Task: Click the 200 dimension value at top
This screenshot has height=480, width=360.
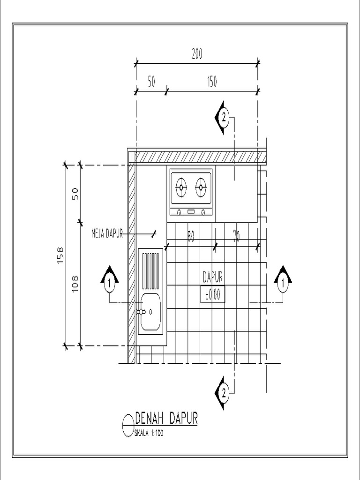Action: coord(197,54)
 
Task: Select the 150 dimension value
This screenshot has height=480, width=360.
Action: coord(212,82)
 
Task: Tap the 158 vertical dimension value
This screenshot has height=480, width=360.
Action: coord(60,255)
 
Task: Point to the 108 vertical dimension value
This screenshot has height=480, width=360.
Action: coord(75,283)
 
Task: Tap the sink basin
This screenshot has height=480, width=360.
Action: coord(151,311)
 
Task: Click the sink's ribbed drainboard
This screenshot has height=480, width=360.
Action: coord(151,270)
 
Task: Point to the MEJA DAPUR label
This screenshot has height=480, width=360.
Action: coord(107,233)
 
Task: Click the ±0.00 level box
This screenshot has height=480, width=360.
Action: coord(212,294)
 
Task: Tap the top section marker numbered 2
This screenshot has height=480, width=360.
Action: coord(223,118)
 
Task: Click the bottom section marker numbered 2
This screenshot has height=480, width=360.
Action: coord(223,393)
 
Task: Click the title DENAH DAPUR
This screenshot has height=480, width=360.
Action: coord(166,418)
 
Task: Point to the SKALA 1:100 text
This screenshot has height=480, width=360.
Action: coord(149,433)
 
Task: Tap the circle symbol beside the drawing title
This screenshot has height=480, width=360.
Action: coord(128,426)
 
